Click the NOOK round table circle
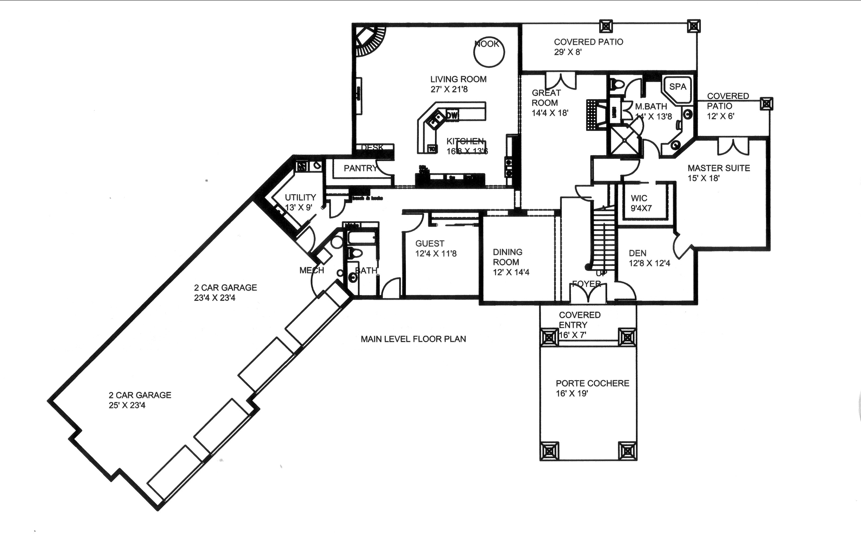pyautogui.click(x=489, y=52)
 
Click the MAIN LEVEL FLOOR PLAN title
pyautogui.click(x=413, y=339)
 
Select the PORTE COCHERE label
pyautogui.click(x=592, y=383)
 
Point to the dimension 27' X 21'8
pyautogui.click(x=449, y=89)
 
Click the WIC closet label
pyautogui.click(x=639, y=198)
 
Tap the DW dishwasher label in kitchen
pyautogui.click(x=452, y=116)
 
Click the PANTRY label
pyautogui.click(x=360, y=168)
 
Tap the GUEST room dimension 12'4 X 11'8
pyautogui.click(x=435, y=254)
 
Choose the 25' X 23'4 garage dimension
pyautogui.click(x=127, y=405)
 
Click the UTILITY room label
pyautogui.click(x=300, y=197)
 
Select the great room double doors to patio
pyautogui.click(x=561, y=81)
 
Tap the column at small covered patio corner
pyautogui.click(x=766, y=104)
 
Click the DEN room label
pyautogui.click(x=637, y=253)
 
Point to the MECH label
pyautogui.click(x=311, y=270)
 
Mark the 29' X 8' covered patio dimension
pyautogui.click(x=568, y=52)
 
